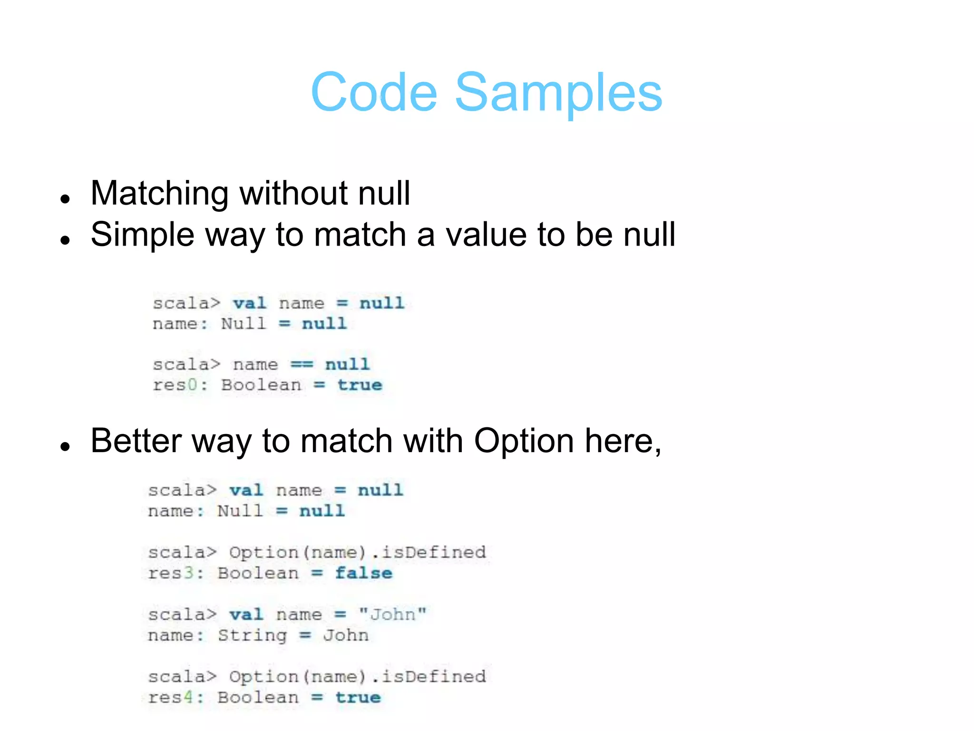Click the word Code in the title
(374, 92)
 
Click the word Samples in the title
(558, 92)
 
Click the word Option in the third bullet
(524, 441)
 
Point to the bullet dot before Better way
(66, 446)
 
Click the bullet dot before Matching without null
(66, 198)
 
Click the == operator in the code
(302, 365)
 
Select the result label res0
(175, 385)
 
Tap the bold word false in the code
(364, 573)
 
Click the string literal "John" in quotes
(393, 614)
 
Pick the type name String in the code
(253, 636)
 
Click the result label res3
(171, 573)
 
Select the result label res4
(171, 698)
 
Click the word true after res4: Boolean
(358, 698)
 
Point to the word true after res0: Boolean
(360, 385)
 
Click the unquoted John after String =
(346, 636)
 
